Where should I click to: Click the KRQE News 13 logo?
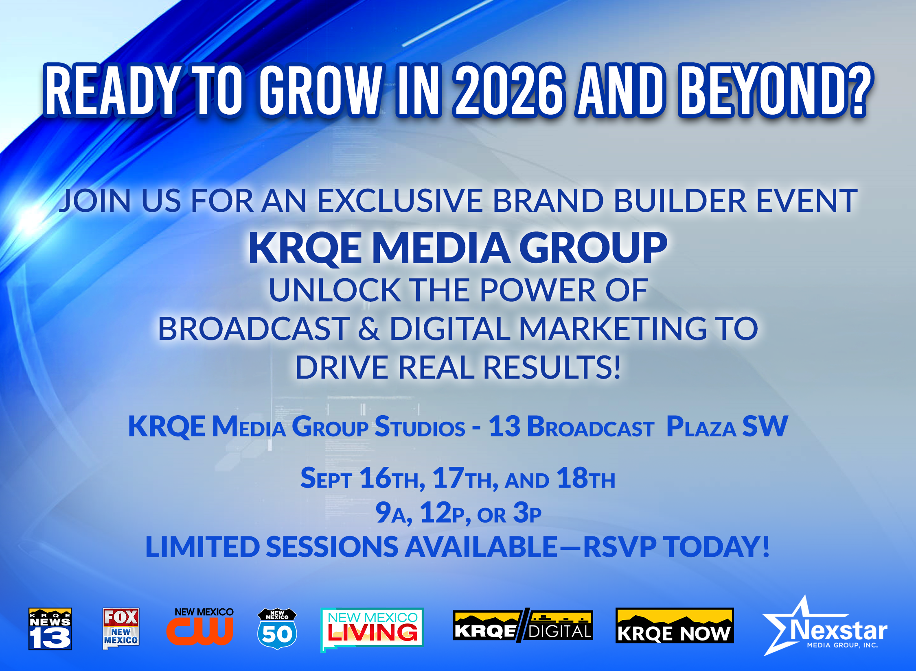click(x=50, y=629)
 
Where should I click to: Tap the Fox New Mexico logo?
click(x=121, y=628)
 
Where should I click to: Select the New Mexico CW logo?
click(x=200, y=626)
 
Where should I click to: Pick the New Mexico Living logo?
click(x=372, y=629)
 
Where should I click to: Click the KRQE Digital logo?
click(x=523, y=625)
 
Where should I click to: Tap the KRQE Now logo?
click(x=675, y=625)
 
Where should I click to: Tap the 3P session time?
click(x=527, y=513)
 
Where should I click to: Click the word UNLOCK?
click(x=335, y=290)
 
